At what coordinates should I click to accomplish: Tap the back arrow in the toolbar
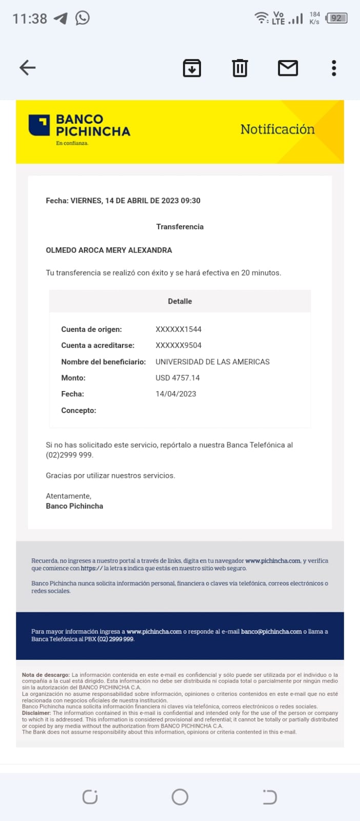(28, 68)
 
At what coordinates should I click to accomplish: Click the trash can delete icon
(239, 68)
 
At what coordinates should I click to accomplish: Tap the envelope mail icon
(288, 68)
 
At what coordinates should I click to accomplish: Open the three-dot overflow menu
(334, 68)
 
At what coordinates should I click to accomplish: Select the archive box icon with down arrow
(192, 68)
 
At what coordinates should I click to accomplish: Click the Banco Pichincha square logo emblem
(39, 125)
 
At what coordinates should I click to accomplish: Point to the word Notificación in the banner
(277, 129)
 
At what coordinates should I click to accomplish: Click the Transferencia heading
(180, 227)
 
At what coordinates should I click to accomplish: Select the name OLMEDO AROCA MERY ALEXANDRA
(109, 250)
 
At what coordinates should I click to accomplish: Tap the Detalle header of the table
(180, 301)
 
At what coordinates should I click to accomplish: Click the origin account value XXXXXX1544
(178, 329)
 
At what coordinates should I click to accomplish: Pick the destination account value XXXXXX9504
(178, 345)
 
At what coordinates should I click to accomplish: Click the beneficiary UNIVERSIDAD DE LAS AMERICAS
(212, 362)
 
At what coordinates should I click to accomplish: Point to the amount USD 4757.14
(177, 378)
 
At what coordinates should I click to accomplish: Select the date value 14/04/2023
(176, 394)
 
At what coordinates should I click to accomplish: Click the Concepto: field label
(78, 411)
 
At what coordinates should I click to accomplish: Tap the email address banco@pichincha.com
(271, 632)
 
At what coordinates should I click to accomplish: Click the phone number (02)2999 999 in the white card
(69, 455)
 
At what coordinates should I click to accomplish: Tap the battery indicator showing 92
(336, 18)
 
